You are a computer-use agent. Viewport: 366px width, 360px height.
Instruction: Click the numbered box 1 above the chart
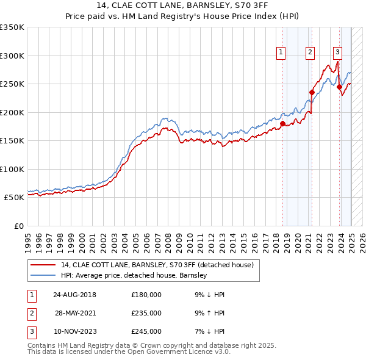281,53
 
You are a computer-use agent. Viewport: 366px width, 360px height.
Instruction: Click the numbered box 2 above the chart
310,53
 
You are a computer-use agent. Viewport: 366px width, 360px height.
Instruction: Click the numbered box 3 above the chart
337,53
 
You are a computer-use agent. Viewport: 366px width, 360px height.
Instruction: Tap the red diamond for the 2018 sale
282,123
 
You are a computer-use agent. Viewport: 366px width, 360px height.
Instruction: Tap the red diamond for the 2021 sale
312,93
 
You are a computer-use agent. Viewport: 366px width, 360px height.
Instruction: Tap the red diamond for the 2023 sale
339,87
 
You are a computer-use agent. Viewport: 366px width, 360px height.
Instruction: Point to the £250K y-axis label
12,84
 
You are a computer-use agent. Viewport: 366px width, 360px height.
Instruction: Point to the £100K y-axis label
12,169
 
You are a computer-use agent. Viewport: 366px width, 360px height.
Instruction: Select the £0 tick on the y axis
18,226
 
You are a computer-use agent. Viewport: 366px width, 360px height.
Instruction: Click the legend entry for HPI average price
134,275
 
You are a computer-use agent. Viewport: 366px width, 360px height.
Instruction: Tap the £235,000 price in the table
146,313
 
